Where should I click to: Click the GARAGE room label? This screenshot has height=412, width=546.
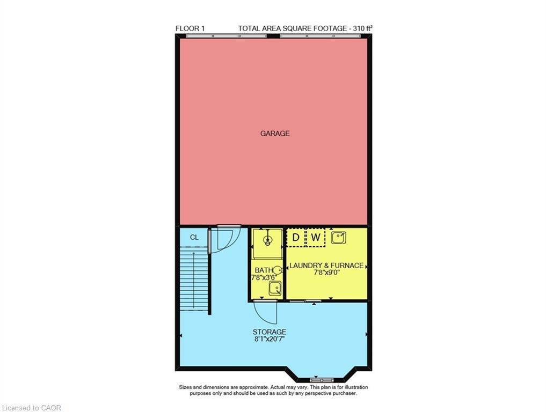coord(275,133)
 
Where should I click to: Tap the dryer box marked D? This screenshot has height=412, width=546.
coord(295,237)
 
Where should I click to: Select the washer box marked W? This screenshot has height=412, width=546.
coord(316,237)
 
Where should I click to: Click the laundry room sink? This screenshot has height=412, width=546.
coord(338,237)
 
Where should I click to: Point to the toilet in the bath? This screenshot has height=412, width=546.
coord(277,270)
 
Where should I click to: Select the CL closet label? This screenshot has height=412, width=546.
coord(194,237)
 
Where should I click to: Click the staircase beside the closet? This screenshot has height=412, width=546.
coord(193,279)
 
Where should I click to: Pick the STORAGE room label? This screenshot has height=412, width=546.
coord(269,332)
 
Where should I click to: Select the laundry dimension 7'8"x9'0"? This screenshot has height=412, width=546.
coord(326,273)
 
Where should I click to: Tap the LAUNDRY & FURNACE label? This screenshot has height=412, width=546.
coord(326,265)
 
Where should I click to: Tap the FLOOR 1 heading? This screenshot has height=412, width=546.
coord(190,28)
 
